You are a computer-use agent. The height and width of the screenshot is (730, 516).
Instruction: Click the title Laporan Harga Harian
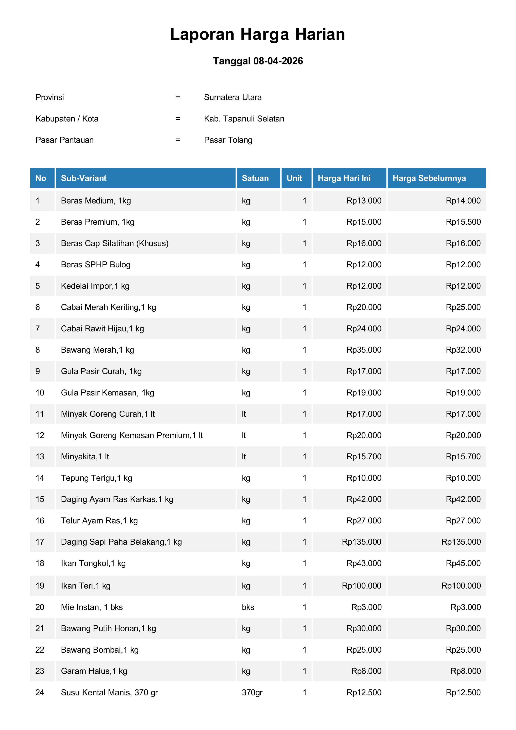pos(257,34)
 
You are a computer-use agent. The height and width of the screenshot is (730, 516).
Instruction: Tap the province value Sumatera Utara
pos(233,97)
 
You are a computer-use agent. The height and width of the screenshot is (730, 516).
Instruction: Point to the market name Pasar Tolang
pos(228,140)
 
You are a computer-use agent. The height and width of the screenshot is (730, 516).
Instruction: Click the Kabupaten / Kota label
pos(67,119)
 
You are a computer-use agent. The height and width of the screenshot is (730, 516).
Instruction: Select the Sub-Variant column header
pos(84,178)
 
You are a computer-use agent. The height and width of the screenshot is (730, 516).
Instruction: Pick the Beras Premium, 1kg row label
pos(98,222)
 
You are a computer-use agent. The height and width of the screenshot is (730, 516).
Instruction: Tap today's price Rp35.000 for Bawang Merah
pos(364,350)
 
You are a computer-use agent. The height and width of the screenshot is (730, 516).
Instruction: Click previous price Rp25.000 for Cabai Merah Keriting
pos(463,307)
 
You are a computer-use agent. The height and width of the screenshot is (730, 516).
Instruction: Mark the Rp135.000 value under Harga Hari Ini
pos(361,542)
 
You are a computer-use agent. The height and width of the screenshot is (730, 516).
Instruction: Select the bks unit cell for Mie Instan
pos(248,607)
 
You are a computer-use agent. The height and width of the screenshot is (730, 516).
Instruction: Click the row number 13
pos(40,457)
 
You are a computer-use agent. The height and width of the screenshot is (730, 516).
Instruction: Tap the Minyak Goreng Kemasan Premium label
pos(132,435)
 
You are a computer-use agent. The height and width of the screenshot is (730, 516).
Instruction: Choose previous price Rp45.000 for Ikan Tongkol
pos(463,563)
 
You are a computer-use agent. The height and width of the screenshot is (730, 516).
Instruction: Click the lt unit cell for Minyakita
pos(244,457)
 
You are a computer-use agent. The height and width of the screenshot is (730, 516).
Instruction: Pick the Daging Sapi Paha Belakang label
pos(121,542)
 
